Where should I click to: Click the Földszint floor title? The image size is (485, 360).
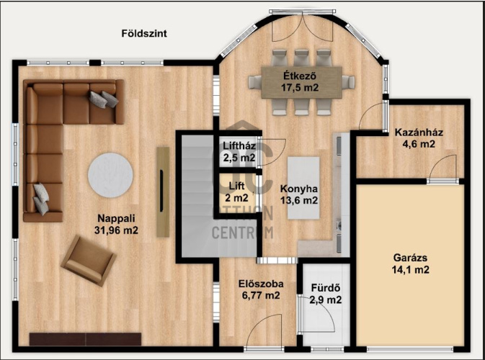[144, 33]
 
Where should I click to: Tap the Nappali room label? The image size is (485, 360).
[116, 218]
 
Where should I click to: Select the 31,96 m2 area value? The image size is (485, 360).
[116, 230]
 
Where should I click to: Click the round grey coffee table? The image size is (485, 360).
[110, 175]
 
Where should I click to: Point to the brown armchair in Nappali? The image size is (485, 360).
[89, 261]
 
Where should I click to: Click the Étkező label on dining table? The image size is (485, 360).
[300, 76]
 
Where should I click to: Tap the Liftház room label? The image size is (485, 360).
[239, 146]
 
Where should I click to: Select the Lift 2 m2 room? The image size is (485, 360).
[237, 192]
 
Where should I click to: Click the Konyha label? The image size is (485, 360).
[299, 189]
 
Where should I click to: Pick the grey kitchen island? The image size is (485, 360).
[303, 188]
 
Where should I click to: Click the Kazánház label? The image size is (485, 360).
[419, 132]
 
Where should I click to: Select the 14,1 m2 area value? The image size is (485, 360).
[411, 270]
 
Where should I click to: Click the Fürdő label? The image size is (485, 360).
[326, 288]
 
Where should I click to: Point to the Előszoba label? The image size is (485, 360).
[261, 284]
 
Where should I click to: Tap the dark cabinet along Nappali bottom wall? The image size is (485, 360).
[85, 339]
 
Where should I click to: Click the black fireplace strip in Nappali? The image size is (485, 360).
[161, 191]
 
